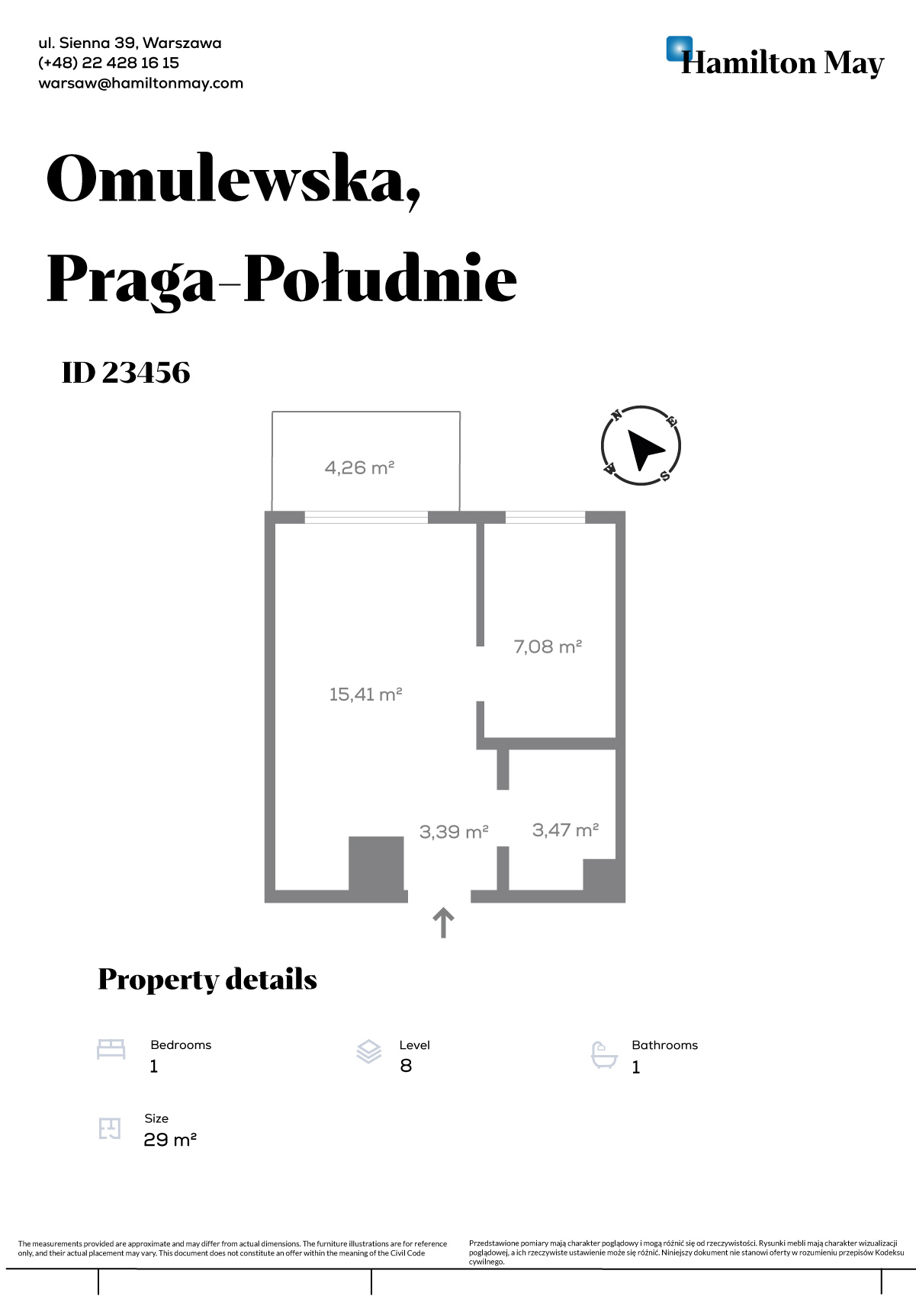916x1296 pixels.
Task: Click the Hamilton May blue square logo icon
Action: pyautogui.click(x=679, y=49)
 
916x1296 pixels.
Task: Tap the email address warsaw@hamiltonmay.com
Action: pyautogui.click(x=140, y=83)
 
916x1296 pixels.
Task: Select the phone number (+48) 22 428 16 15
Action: pyautogui.click(x=109, y=63)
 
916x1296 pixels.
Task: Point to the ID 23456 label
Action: pyautogui.click(x=126, y=372)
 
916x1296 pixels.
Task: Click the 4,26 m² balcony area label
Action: pyautogui.click(x=359, y=467)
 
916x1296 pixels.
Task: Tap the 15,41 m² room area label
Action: pyautogui.click(x=366, y=694)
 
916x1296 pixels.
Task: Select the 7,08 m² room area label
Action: pyautogui.click(x=548, y=646)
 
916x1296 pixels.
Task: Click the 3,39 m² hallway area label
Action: pyautogui.click(x=454, y=832)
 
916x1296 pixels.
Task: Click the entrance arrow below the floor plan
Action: pyautogui.click(x=444, y=922)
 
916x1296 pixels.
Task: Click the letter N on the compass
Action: pyautogui.click(x=616, y=414)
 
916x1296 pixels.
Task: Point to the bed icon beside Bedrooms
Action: pyautogui.click(x=111, y=1049)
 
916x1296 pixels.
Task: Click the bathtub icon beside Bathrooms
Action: pyautogui.click(x=604, y=1055)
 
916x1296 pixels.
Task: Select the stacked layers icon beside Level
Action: pyautogui.click(x=369, y=1051)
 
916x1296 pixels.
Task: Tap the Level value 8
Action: pyautogui.click(x=406, y=1066)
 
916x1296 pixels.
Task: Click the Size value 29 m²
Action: pyautogui.click(x=170, y=1140)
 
